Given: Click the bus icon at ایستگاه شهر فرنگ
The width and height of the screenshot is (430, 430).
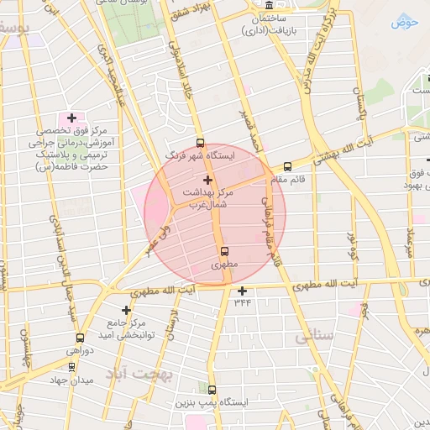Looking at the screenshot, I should [200, 142].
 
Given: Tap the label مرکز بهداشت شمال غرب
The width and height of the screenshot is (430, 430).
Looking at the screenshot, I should [207, 198].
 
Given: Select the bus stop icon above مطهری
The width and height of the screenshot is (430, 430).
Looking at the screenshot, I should [223, 250].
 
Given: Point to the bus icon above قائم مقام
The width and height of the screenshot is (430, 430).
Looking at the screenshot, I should [287, 166].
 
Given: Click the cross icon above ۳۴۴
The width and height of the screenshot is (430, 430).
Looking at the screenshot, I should [243, 291].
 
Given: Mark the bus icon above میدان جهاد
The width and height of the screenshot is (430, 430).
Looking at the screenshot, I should [72, 366].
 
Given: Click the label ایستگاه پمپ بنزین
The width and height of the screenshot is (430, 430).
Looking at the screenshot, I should [210, 403].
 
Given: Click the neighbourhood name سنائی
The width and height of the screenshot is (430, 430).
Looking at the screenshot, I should [315, 336].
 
